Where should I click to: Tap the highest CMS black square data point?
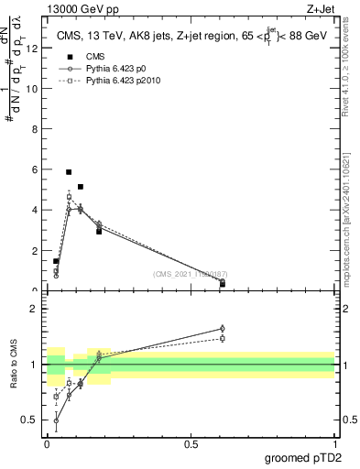click(x=69, y=171)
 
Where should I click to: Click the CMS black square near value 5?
click(x=81, y=187)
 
